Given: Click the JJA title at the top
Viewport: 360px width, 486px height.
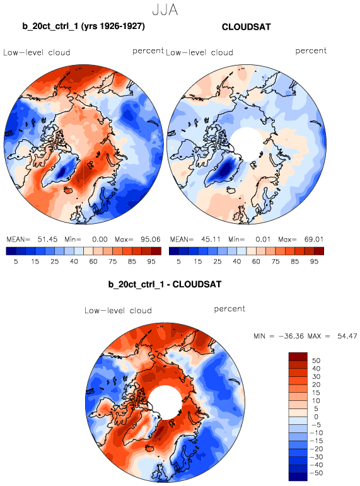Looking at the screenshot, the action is coord(165,10).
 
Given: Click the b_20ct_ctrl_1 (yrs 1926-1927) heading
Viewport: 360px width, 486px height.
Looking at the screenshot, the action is coord(83,26).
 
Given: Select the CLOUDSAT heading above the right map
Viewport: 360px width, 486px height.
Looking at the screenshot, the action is coord(247,27).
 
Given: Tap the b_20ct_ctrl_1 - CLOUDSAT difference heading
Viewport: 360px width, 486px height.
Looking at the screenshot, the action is coord(165,284).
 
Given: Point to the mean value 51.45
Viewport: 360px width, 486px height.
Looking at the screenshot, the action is coord(47,240).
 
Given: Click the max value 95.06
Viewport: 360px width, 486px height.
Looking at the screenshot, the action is coord(151,240).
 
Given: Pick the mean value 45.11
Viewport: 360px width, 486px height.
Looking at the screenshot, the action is coord(211,240).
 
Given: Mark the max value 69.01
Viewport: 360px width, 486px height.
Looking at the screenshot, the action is coord(314,240).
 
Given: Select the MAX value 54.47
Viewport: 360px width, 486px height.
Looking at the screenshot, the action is coord(347,336).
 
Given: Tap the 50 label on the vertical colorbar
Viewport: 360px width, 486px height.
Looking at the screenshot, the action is coord(316,361).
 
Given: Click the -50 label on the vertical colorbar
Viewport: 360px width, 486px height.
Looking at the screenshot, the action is coord(316,473).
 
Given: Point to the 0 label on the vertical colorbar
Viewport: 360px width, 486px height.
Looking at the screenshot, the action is coord(316,417).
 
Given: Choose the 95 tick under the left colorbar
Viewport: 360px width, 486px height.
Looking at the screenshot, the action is coord(151,262).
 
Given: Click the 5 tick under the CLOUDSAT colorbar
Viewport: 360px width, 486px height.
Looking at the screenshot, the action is coord(178,262).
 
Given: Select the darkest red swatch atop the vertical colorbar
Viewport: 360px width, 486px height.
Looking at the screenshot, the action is coord(298,356).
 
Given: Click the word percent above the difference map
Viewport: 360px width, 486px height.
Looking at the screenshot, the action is coord(229,310).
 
